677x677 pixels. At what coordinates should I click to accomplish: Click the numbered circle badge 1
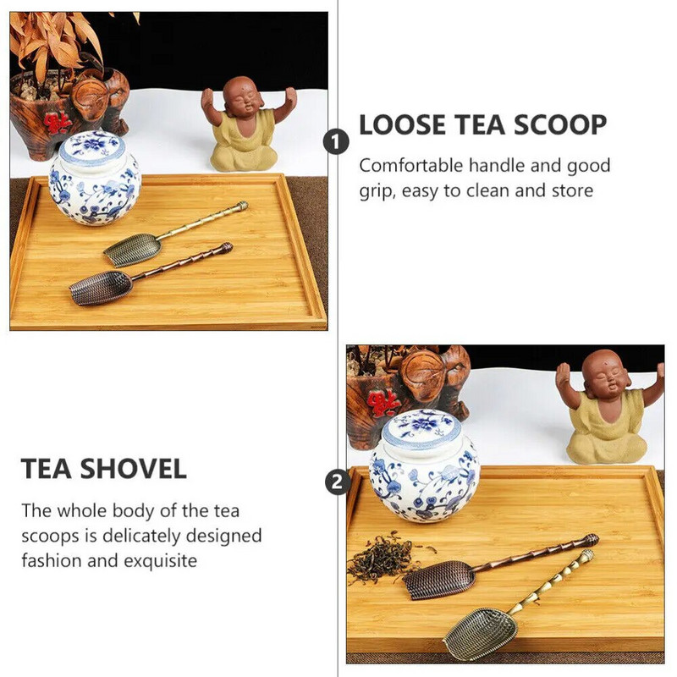tap(336, 142)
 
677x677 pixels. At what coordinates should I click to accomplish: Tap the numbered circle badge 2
tap(338, 482)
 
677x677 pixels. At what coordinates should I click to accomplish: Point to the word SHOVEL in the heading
tap(134, 469)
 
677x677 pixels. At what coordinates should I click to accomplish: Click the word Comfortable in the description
tap(410, 165)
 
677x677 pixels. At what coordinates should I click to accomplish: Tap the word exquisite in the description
tap(160, 561)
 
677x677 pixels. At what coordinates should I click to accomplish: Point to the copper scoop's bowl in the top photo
tap(101, 287)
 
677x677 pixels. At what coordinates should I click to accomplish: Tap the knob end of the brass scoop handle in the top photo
tap(242, 206)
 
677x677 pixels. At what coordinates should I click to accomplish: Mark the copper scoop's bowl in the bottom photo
tap(439, 580)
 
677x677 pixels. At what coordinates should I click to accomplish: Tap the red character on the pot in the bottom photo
tap(384, 403)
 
